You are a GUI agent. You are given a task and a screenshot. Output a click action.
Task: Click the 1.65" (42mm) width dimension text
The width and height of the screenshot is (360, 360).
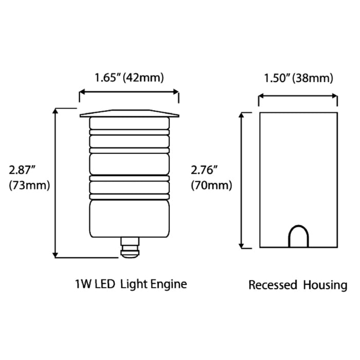[129, 78]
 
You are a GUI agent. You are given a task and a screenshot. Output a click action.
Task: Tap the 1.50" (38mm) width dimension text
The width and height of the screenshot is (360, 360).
[298, 78]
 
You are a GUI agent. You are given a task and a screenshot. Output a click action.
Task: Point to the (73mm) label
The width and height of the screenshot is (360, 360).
[29, 186]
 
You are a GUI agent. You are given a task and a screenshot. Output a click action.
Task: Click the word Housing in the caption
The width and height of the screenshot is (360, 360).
[325, 285]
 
